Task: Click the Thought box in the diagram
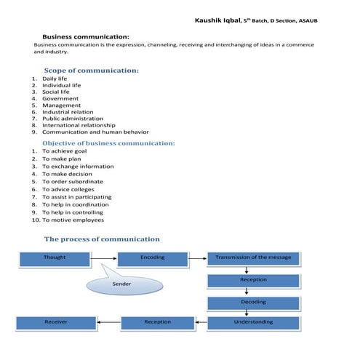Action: click(x=54, y=257)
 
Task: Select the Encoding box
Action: click(x=152, y=257)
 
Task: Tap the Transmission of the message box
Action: click(x=253, y=257)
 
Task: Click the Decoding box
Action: click(x=253, y=302)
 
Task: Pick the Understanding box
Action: click(x=253, y=321)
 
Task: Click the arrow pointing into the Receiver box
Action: click(x=108, y=321)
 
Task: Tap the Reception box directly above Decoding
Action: click(x=253, y=280)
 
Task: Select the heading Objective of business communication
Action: click(x=108, y=143)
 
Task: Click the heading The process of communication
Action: click(x=102, y=239)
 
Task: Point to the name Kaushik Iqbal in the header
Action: click(x=218, y=20)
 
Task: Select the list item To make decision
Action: click(x=67, y=175)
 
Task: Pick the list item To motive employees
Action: click(x=73, y=220)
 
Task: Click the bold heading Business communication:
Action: click(x=86, y=36)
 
